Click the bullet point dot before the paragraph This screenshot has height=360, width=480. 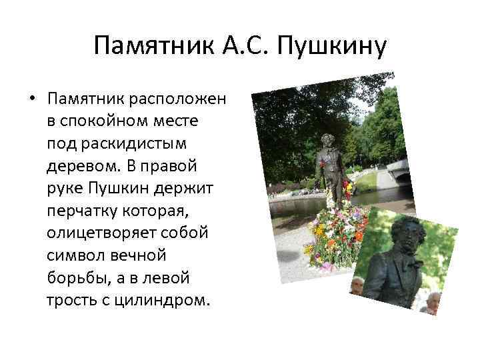31,100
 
